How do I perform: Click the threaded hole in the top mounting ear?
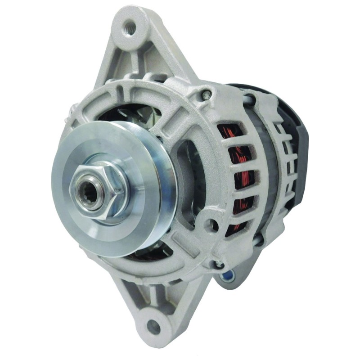[131, 27]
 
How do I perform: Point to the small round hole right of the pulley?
[211, 223]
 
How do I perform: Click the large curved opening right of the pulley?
[189, 180]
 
